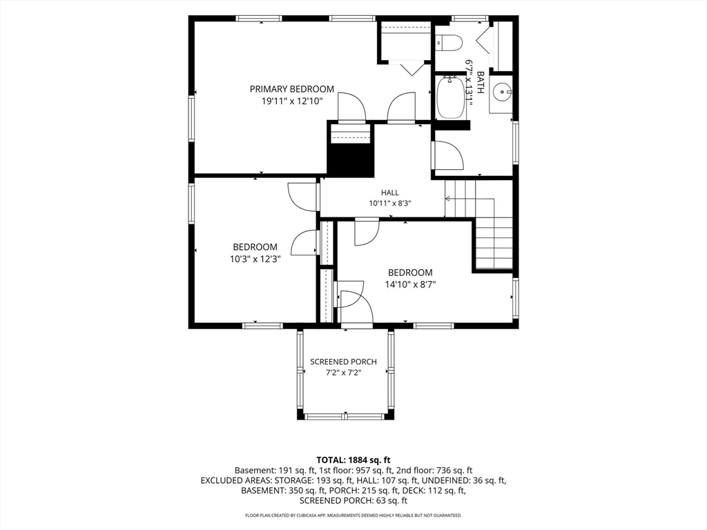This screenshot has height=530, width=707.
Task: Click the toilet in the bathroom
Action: [449, 43]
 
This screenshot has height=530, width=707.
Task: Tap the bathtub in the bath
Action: [451, 98]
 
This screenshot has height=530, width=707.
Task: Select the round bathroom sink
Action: [501, 93]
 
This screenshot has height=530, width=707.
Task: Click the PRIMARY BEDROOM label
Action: [292, 89]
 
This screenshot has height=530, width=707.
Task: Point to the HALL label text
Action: [390, 193]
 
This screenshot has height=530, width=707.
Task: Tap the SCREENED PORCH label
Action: [344, 362]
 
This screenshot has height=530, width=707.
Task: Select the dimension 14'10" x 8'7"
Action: [410, 284]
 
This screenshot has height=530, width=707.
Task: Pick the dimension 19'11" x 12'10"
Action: [292, 101]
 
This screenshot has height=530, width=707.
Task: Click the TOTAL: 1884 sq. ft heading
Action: [353, 460]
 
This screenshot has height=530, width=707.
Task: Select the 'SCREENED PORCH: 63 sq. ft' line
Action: [353, 500]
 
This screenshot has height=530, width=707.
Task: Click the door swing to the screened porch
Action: [357, 307]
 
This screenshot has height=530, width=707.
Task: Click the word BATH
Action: [481, 82]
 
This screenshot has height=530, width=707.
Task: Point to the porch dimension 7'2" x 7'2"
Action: [344, 373]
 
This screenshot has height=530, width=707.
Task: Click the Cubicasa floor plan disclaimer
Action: [353, 515]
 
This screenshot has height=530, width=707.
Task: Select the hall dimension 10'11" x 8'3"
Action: [390, 204]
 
